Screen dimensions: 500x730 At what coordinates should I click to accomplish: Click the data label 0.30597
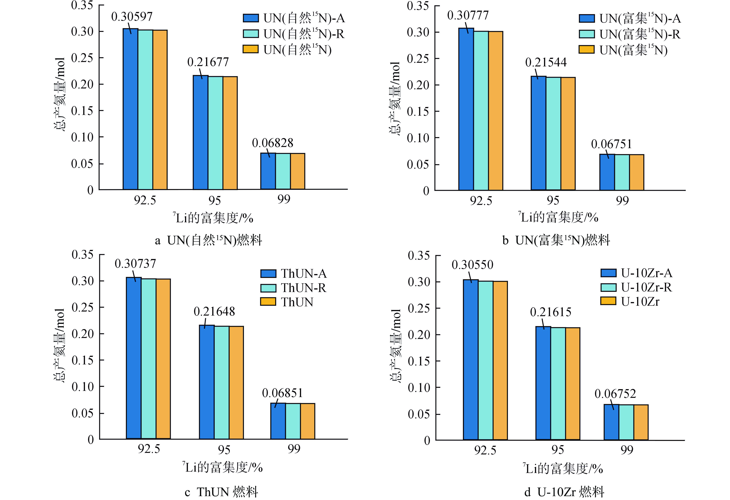click(x=132, y=17)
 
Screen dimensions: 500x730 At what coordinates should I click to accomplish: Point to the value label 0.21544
click(x=546, y=63)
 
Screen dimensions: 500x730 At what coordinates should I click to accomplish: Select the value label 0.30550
click(x=472, y=265)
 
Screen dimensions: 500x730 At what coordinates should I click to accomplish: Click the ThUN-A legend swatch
click(x=268, y=273)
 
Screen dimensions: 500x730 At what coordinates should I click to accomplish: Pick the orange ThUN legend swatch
click(x=268, y=302)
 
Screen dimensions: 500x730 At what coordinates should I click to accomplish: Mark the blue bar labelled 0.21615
click(x=543, y=383)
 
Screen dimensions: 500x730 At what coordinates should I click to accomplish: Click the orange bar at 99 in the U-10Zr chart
click(x=641, y=422)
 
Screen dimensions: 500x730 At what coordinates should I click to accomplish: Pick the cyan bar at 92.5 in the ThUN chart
click(x=149, y=359)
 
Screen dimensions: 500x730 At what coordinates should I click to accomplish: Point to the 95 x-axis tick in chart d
click(x=558, y=450)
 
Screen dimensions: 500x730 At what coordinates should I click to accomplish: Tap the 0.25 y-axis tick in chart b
click(x=418, y=58)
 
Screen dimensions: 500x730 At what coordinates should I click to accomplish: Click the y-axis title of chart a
click(x=60, y=94)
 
